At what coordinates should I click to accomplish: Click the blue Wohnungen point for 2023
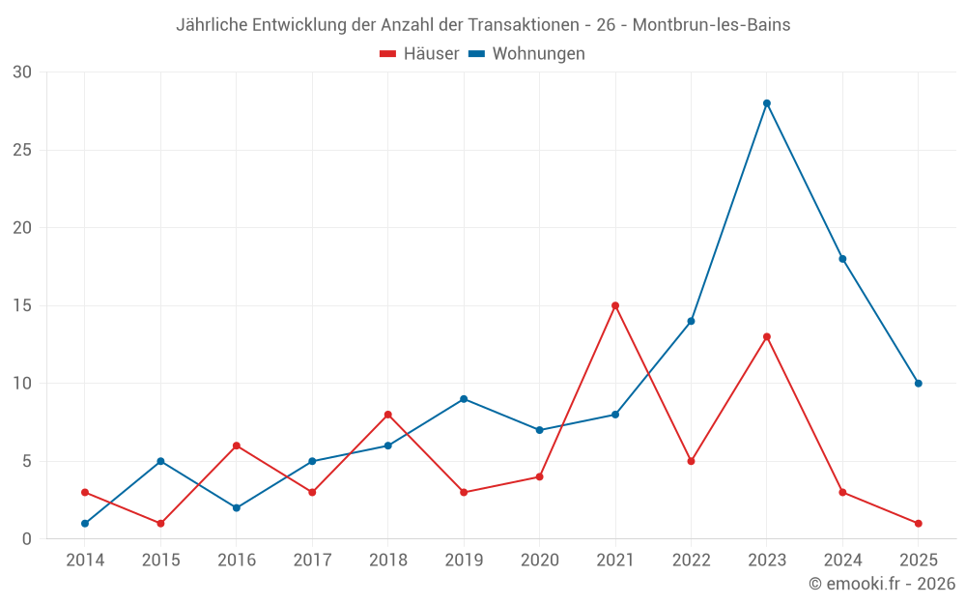767,103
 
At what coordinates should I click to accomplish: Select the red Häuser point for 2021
615,305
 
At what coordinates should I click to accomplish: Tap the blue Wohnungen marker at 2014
85,524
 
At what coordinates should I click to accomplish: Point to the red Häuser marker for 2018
387,415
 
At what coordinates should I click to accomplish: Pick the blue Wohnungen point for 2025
919,384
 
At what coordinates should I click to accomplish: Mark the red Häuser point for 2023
767,336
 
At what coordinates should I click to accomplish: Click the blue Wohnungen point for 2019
464,399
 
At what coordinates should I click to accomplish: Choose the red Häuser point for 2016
236,446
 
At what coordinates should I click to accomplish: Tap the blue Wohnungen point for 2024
842,259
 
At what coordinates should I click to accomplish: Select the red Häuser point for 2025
919,524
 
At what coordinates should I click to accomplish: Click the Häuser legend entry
420,54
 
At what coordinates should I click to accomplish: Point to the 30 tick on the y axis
22,72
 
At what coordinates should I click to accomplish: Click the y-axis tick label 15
22,305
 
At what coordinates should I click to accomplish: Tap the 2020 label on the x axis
539,561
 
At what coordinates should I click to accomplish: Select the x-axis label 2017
312,561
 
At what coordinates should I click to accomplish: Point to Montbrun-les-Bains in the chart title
711,25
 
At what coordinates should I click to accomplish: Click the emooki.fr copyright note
882,584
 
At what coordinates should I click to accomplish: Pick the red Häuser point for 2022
691,461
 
